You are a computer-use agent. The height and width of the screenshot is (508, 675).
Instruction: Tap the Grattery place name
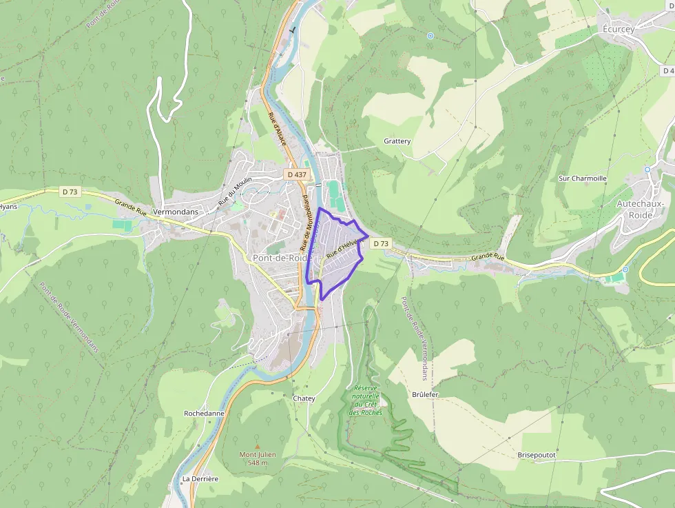pyautogui.click(x=397, y=141)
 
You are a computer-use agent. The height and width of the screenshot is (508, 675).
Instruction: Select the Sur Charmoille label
pyautogui.click(x=583, y=179)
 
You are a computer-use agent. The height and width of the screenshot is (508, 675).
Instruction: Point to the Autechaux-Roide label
pyautogui.click(x=640, y=209)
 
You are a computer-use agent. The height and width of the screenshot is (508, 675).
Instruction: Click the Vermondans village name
pyautogui.click(x=176, y=212)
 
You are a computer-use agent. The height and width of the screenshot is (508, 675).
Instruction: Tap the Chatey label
pyautogui.click(x=304, y=398)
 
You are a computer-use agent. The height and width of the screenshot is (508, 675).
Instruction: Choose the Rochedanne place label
pyautogui.click(x=204, y=414)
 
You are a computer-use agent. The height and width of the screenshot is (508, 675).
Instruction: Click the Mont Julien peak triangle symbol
pyautogui.click(x=258, y=446)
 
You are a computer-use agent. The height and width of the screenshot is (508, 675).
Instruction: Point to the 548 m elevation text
pyautogui.click(x=258, y=463)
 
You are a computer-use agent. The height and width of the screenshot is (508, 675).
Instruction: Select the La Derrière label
pyautogui.click(x=200, y=478)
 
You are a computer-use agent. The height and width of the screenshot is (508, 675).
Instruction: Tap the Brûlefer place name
pyautogui.click(x=425, y=394)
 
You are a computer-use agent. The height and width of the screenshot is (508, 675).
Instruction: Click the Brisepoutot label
pyautogui.click(x=537, y=455)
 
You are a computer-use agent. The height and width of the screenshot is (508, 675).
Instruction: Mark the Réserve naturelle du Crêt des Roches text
pyautogui.click(x=366, y=400)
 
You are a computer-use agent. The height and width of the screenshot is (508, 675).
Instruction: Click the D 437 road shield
pyautogui.click(x=296, y=174)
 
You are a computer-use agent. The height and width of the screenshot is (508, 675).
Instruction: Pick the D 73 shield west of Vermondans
pyautogui.click(x=70, y=192)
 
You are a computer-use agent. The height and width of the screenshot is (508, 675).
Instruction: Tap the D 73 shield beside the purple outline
pyautogui.click(x=381, y=243)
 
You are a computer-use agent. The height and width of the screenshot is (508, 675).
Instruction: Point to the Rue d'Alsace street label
pyautogui.click(x=276, y=130)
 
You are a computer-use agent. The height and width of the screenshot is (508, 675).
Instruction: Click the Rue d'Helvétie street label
pyautogui.click(x=342, y=248)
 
